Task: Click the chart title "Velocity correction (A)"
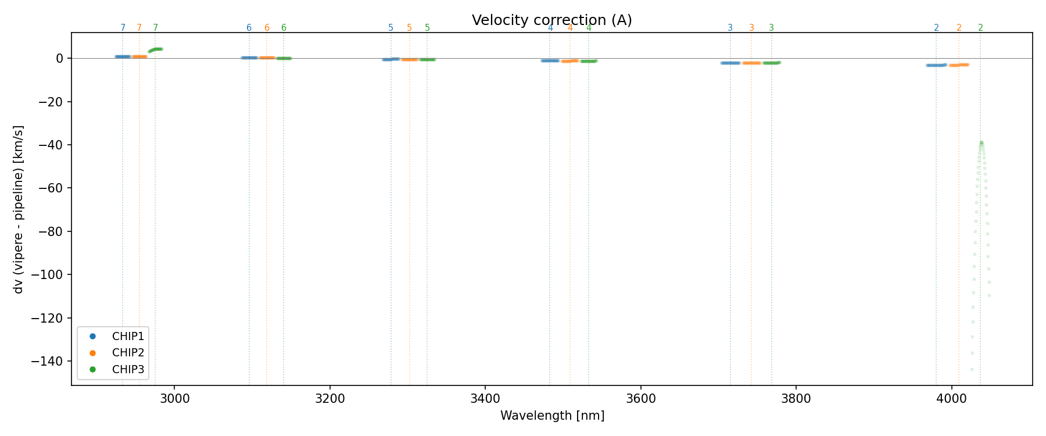(551, 20)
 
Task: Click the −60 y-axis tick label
(53, 188)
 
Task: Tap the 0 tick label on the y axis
(59, 58)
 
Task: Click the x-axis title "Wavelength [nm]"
(552, 416)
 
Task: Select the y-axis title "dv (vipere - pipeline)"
(19, 209)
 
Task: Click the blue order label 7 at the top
(123, 28)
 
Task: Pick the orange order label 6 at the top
(267, 28)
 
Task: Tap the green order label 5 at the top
(427, 28)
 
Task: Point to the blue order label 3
(730, 28)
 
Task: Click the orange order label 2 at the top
(959, 28)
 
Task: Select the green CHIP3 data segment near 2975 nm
(156, 49)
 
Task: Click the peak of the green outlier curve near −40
(981, 142)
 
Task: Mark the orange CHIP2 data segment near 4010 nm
(959, 65)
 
